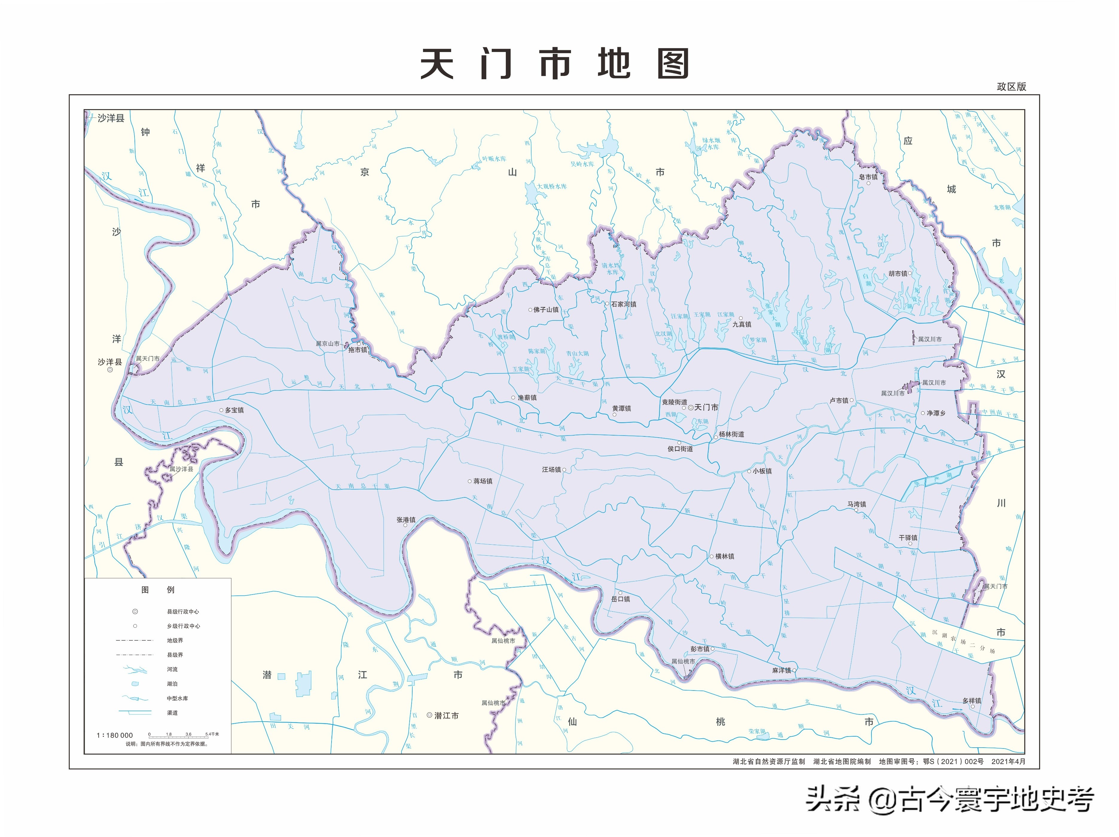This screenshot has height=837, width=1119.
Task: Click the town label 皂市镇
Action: [868, 177]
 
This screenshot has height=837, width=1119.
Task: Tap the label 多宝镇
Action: [234, 410]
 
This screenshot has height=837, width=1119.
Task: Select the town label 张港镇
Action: [406, 520]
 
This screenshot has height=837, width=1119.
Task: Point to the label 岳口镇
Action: [621, 599]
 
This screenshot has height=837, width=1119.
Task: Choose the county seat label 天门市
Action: [706, 407]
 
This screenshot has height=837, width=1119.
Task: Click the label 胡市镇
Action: [898, 274]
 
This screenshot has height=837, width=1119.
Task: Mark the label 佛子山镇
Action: [546, 309]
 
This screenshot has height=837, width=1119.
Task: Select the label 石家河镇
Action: [624, 304]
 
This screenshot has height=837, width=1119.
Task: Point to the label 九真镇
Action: [742, 324]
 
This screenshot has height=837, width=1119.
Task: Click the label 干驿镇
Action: [908, 537]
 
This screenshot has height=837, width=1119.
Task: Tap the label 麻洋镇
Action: [781, 670]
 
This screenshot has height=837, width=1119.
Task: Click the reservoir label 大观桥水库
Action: [552, 186]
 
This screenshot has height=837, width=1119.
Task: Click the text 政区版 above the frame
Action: [1011, 86]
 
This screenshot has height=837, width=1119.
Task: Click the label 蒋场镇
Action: [483, 481]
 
